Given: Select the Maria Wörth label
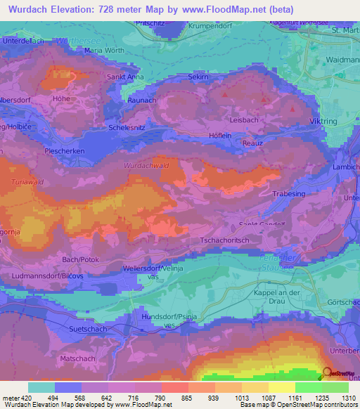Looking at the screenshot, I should point(103,51).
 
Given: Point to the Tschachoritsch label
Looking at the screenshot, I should point(225,240).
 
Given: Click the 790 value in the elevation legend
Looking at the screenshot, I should point(149,398).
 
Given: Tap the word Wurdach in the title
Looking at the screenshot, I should point(30,10).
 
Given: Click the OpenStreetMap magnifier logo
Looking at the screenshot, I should point(326,374).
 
